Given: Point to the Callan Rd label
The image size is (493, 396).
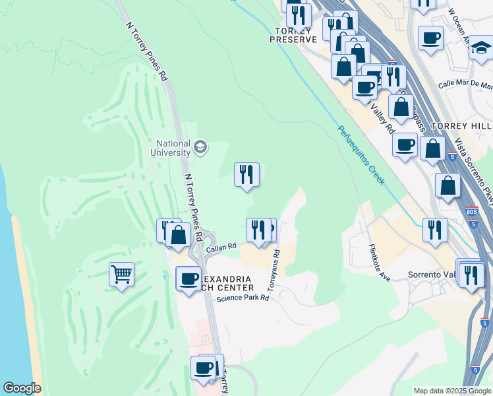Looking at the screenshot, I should (221, 247).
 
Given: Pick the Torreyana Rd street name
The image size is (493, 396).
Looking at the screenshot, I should (274, 271).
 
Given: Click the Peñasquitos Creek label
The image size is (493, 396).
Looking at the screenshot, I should (361, 155).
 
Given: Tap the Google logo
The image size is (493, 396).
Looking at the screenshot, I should (22, 388).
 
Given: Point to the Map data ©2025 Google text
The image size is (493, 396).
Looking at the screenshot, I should (451, 391).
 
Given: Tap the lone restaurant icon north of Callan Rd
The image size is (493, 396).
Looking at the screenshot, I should (247, 175).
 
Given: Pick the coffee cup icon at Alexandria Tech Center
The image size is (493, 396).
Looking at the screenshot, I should (188, 278).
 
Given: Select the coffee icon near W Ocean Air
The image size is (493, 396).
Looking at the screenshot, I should (430, 38).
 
